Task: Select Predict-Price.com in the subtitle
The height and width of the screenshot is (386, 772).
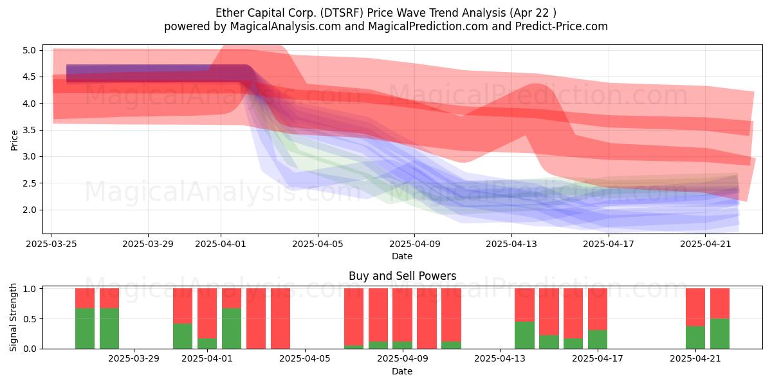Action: pyautogui.click(x=562, y=26)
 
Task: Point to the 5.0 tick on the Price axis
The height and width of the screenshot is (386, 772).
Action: pyautogui.click(x=29, y=50)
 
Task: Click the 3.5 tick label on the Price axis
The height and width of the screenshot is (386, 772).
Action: pyautogui.click(x=29, y=130)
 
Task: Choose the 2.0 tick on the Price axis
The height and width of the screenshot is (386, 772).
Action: pyautogui.click(x=29, y=210)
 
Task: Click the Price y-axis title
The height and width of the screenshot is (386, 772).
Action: pyautogui.click(x=14, y=140)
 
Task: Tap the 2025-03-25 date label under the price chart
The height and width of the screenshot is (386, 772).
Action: pyautogui.click(x=51, y=244)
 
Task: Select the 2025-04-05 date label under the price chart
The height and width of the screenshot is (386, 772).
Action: pyautogui.click(x=318, y=244)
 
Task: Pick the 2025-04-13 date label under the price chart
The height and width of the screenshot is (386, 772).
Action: pyautogui.click(x=511, y=244)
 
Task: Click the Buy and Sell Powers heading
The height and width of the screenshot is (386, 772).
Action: pyautogui.click(x=402, y=276)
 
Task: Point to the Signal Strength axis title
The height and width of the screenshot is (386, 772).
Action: pyautogui.click(x=13, y=317)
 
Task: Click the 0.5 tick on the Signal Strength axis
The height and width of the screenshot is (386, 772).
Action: pyautogui.click(x=29, y=319)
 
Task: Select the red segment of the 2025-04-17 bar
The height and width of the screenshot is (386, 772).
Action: pyautogui.click(x=598, y=309)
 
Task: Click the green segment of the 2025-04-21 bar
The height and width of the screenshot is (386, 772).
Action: pyautogui.click(x=695, y=337)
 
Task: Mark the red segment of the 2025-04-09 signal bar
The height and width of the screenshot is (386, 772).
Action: pyautogui.click(x=402, y=315)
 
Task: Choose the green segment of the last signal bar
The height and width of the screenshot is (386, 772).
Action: pyautogui.click(x=720, y=334)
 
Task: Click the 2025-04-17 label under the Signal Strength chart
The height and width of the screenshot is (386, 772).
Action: pyautogui.click(x=598, y=359)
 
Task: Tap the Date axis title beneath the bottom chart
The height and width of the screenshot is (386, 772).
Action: pyautogui.click(x=402, y=371)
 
